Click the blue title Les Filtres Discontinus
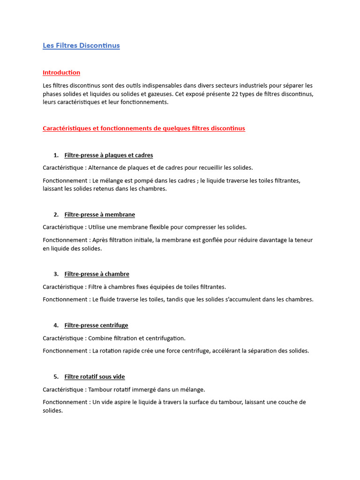click(x=81, y=45)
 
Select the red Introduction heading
click(x=61, y=73)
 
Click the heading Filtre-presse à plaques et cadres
click(x=109, y=155)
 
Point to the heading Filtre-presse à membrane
click(x=100, y=215)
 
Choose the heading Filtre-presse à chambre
click(x=97, y=274)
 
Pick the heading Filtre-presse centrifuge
click(x=96, y=325)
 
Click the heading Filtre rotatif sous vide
click(x=95, y=377)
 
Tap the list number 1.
click(x=56, y=155)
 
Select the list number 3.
click(x=56, y=274)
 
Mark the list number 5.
click(x=56, y=377)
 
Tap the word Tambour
click(x=101, y=390)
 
